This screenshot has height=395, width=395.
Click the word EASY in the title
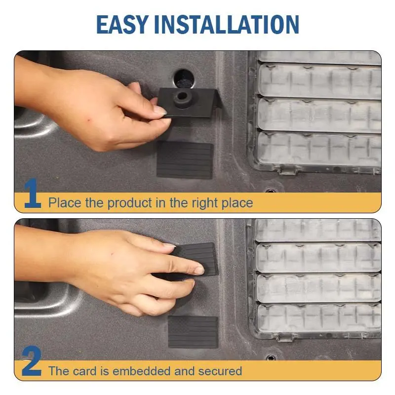[x=122, y=24]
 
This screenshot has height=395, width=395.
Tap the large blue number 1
[x=32, y=193]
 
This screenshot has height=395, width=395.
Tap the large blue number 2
[x=32, y=361]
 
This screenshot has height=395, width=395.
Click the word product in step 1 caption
[x=130, y=203]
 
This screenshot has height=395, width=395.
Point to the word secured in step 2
[x=220, y=371]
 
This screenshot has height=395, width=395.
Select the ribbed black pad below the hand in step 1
[x=185, y=159]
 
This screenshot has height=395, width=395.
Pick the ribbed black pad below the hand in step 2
[x=193, y=332]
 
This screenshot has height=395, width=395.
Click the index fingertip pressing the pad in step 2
[x=199, y=271]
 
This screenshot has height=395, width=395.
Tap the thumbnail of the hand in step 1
[x=159, y=110]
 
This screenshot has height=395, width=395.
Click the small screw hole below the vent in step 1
[x=270, y=190]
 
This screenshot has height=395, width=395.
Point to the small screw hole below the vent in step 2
[x=271, y=357]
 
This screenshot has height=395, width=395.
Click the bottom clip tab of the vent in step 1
[x=287, y=170]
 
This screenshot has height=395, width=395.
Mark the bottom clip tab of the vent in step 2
[x=285, y=337]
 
